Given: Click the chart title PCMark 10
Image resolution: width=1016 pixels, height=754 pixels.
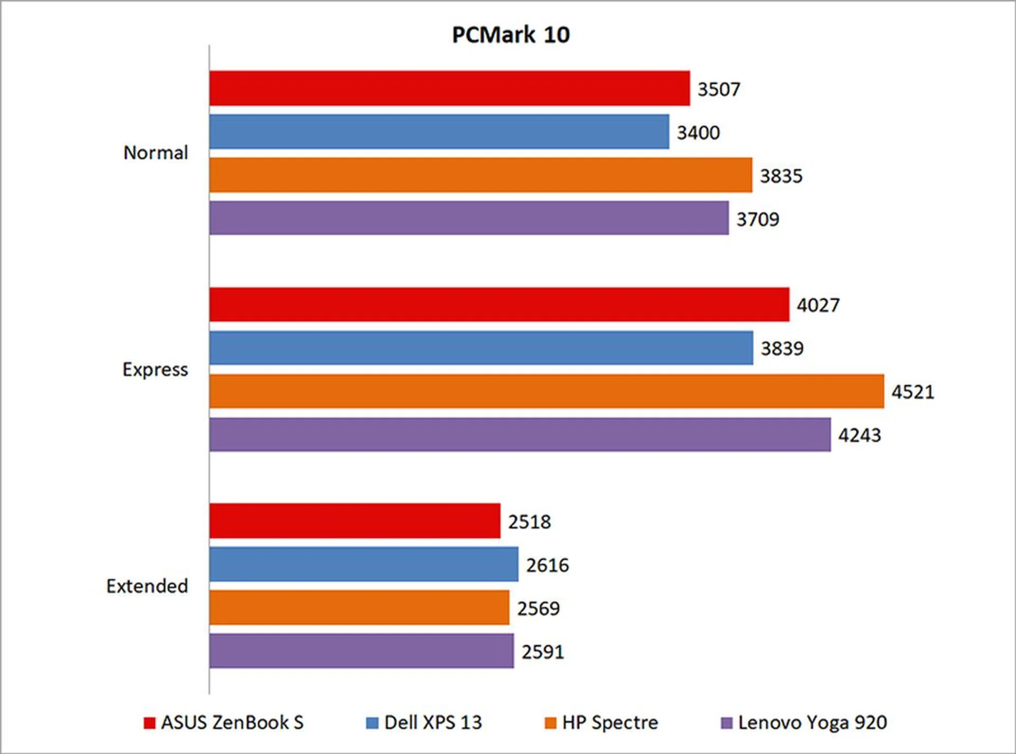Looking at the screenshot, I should [511, 35].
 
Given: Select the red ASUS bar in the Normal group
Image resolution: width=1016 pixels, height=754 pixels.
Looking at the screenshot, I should [449, 88].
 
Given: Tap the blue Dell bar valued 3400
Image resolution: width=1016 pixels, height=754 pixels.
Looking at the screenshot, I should [439, 132].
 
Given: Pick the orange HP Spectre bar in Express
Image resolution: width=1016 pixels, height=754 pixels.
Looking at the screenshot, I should [546, 391].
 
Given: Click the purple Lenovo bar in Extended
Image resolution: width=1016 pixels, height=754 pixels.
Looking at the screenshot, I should [361, 651].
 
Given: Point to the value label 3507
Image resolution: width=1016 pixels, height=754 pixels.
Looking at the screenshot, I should [719, 89].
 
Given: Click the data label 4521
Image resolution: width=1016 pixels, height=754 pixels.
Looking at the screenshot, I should [913, 392].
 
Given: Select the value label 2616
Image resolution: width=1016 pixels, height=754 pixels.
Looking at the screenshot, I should [547, 565].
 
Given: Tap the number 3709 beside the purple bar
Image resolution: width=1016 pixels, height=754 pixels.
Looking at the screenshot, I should [758, 219].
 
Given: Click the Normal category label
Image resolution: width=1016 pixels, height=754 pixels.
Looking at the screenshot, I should [156, 153].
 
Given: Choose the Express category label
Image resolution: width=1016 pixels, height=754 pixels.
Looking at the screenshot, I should [155, 370].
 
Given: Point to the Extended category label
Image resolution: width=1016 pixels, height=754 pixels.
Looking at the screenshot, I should [147, 586].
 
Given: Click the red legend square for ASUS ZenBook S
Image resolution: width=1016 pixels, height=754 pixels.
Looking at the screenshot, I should [150, 723].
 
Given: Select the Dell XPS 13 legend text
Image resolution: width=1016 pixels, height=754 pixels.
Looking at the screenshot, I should [433, 723].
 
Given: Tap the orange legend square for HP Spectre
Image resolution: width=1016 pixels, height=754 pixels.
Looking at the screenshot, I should [550, 723].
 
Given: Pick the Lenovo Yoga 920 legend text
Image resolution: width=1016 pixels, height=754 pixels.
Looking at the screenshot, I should [812, 723].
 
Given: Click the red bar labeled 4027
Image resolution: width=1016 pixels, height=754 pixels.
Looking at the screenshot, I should [499, 304].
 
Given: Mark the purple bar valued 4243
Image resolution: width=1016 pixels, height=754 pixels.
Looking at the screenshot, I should [520, 435].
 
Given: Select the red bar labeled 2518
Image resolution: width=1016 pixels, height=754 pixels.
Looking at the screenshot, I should [355, 521].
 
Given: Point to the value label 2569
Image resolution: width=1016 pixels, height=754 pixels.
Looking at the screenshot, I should [538, 609].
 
